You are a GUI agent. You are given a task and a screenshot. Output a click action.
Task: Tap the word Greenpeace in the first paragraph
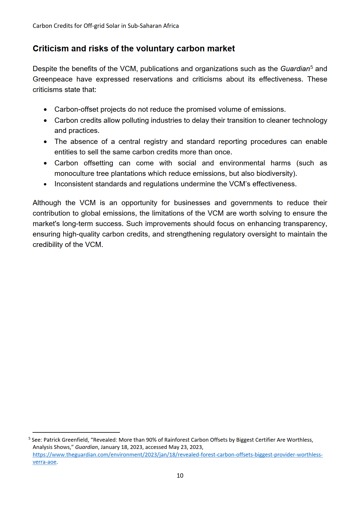(x=53, y=79)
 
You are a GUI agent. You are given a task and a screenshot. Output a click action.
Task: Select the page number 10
(x=180, y=475)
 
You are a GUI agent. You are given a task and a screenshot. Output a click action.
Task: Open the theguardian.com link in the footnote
(x=177, y=455)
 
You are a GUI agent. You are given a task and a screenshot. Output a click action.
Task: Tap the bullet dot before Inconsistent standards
(x=45, y=184)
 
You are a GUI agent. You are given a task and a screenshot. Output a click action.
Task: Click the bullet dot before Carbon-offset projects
(x=45, y=110)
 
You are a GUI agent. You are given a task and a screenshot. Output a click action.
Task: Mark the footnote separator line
(x=76, y=432)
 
